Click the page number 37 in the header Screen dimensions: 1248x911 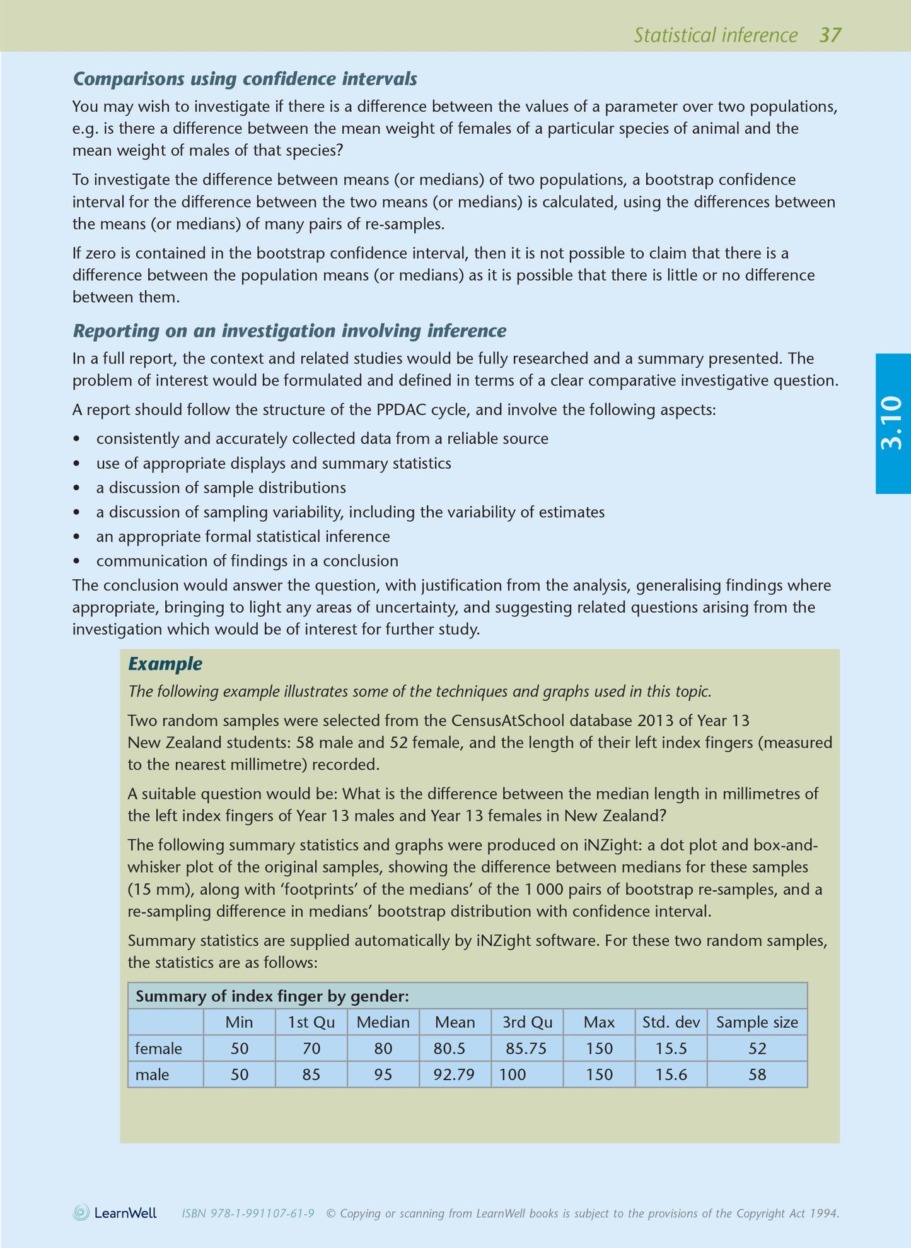tap(830, 35)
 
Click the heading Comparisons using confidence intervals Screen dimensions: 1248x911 tap(245, 79)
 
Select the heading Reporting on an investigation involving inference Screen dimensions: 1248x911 tap(289, 331)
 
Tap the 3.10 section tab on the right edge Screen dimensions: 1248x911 tap(892, 423)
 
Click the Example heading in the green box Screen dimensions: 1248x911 tap(165, 664)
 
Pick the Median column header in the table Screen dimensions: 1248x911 tap(383, 1022)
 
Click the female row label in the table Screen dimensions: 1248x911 tap(159, 1049)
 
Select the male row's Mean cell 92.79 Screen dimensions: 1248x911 tap(454, 1074)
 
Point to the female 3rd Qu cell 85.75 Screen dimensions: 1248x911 tap(526, 1049)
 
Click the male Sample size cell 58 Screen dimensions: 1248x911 tap(757, 1074)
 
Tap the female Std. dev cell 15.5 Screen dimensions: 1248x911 tap(671, 1049)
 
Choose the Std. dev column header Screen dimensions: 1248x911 tap(671, 1022)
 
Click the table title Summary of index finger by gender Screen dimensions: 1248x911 tap(272, 996)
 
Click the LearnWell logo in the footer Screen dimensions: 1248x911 tap(115, 1213)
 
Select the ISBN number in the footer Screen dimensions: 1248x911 tap(248, 1213)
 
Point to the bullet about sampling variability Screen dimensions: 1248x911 tap(350, 512)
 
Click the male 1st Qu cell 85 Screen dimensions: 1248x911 tap(311, 1074)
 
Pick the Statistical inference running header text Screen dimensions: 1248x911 tap(716, 35)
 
